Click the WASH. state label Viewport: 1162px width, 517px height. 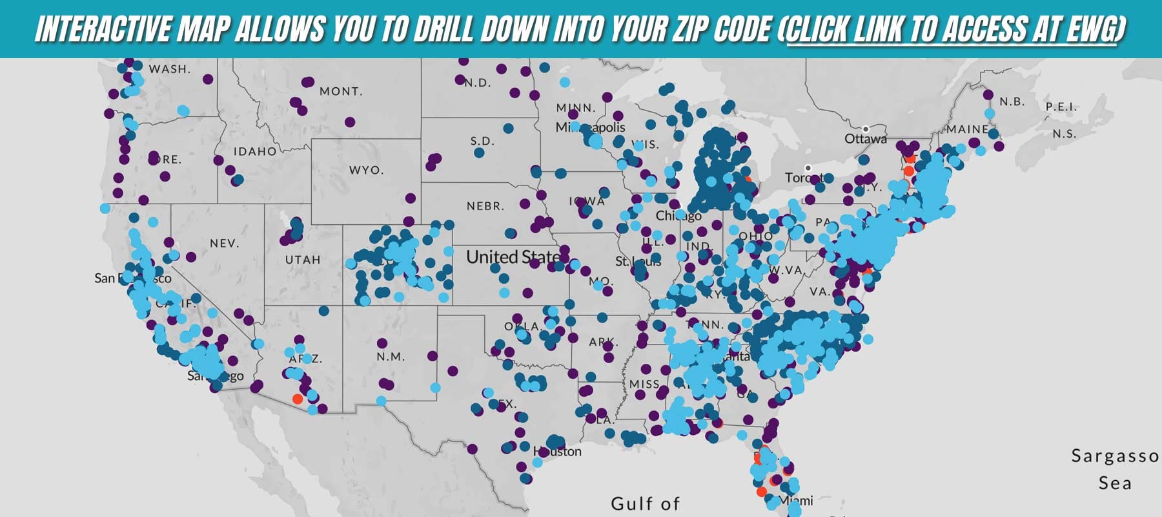click(x=170, y=69)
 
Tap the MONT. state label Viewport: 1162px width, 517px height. click(x=341, y=92)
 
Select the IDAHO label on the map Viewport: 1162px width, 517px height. click(x=255, y=151)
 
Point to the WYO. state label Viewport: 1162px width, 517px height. click(x=367, y=171)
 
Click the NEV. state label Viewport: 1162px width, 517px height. click(x=225, y=244)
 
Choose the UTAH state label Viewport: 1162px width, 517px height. click(x=303, y=260)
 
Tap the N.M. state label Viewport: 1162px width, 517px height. click(x=391, y=357)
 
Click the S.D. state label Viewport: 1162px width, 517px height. click(x=482, y=141)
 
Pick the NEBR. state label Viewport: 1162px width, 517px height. click(x=485, y=206)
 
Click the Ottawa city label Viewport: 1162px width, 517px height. click(x=865, y=139)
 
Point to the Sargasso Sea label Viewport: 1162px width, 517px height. click(x=1115, y=469)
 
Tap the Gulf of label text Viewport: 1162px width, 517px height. click(x=645, y=503)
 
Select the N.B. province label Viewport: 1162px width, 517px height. click(x=1012, y=102)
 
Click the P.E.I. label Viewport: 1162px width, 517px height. click(x=1061, y=107)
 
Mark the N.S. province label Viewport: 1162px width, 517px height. click(x=1064, y=134)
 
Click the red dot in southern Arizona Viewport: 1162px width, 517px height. click(x=297, y=399)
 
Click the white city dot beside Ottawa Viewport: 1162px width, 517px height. click(x=866, y=129)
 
